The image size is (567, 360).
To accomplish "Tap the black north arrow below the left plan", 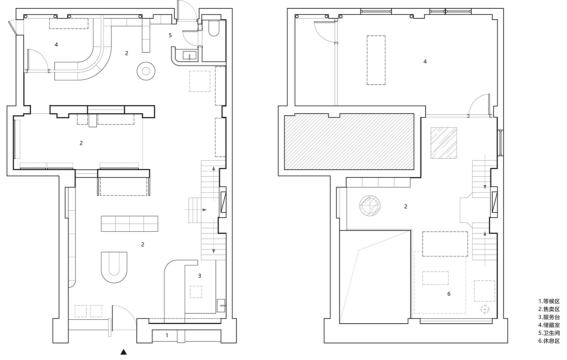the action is [x=123, y=352].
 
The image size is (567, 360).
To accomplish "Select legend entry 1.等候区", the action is [x=549, y=301].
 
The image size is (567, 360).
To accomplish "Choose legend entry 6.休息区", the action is [x=549, y=341].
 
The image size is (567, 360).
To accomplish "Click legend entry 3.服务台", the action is [x=549, y=317].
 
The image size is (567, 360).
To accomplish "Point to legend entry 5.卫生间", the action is [x=549, y=333].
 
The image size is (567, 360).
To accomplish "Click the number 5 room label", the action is [x=170, y=35].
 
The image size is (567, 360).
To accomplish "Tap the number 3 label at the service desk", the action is [x=199, y=276].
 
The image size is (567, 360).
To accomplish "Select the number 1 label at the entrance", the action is [x=167, y=335].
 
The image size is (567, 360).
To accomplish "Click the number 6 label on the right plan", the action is [x=449, y=294].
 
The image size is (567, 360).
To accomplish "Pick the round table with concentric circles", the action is [x=146, y=71].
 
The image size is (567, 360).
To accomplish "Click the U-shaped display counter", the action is [x=114, y=267].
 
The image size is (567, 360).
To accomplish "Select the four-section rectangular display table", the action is [x=130, y=224].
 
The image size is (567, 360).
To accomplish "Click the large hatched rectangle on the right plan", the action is [x=349, y=141].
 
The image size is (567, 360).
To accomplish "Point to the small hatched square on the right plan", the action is [x=444, y=143].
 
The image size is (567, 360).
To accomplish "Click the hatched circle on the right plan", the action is [x=370, y=206].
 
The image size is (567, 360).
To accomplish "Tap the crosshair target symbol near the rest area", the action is [x=485, y=309].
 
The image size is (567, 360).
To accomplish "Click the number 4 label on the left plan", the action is [x=56, y=45].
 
